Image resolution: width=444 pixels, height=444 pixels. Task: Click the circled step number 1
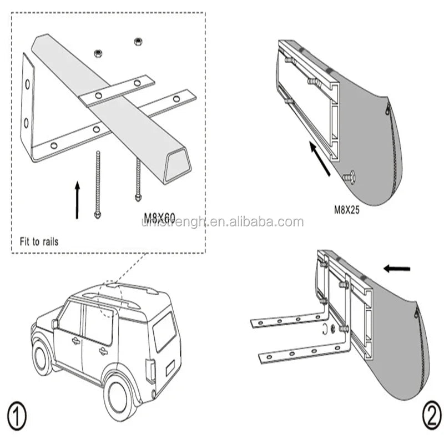pyautogui.click(x=17, y=415)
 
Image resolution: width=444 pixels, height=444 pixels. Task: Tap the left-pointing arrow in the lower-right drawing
pyautogui.click(x=397, y=269)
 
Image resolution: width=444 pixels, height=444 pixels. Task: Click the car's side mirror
pyautogui.click(x=55, y=324)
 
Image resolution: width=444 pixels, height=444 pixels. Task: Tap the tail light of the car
pyautogui.click(x=150, y=370)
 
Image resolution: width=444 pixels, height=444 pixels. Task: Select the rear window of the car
pyautogui.click(x=164, y=331)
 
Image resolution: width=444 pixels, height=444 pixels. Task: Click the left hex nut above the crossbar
pyautogui.click(x=98, y=53)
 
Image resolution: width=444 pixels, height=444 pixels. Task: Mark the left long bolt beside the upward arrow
pyautogui.click(x=98, y=184)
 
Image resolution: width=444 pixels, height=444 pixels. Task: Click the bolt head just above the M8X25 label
pyautogui.click(x=350, y=177)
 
